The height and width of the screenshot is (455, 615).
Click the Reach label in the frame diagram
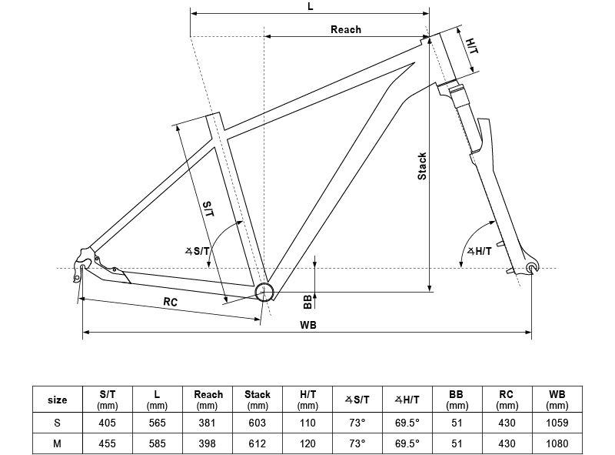345,29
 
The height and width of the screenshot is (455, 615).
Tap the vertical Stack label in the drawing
422,166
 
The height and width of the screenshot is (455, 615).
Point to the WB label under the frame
308,325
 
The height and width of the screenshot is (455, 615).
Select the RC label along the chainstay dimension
170,302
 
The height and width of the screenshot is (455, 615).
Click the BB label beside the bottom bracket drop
308,302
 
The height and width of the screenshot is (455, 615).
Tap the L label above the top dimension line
311,6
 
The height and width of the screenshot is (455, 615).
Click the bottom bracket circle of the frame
264,292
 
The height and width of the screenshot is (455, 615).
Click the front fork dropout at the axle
532,267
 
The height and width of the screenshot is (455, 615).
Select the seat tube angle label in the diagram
198,251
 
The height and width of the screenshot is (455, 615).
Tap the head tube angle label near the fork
479,251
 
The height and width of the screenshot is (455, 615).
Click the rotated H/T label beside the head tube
472,46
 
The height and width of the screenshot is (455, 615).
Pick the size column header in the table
57,400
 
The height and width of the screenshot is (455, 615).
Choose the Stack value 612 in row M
258,443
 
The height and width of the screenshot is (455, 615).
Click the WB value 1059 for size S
557,423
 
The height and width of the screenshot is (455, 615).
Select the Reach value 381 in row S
207,423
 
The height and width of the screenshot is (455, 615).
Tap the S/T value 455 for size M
107,443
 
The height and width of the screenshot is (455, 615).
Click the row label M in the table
57,443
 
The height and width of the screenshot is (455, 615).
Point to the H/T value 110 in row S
307,423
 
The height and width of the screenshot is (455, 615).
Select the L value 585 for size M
157,443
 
